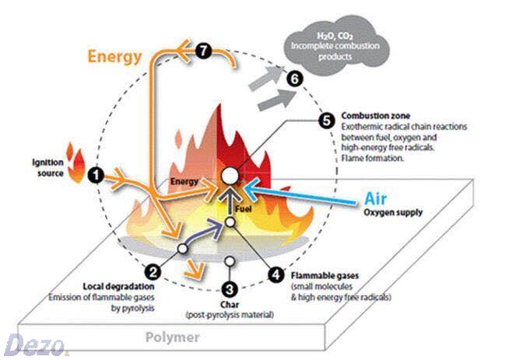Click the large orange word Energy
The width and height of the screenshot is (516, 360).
tap(114, 56)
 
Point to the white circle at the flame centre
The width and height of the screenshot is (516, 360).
tap(230, 176)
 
